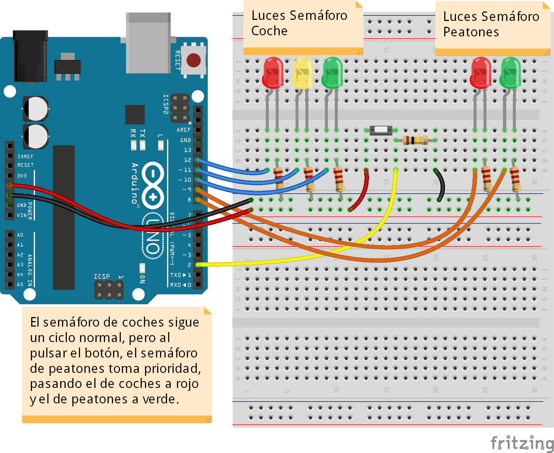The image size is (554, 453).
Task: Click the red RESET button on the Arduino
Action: (193, 60)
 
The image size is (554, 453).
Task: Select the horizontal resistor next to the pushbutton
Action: (415, 140)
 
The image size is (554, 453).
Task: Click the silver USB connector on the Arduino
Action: (148, 43)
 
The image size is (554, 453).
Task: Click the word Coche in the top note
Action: (269, 31)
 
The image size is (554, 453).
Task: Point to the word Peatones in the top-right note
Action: (471, 32)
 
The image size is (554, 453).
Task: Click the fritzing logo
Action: (521, 443)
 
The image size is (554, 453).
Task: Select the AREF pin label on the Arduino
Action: (184, 130)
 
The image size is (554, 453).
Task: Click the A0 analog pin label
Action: (20, 235)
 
